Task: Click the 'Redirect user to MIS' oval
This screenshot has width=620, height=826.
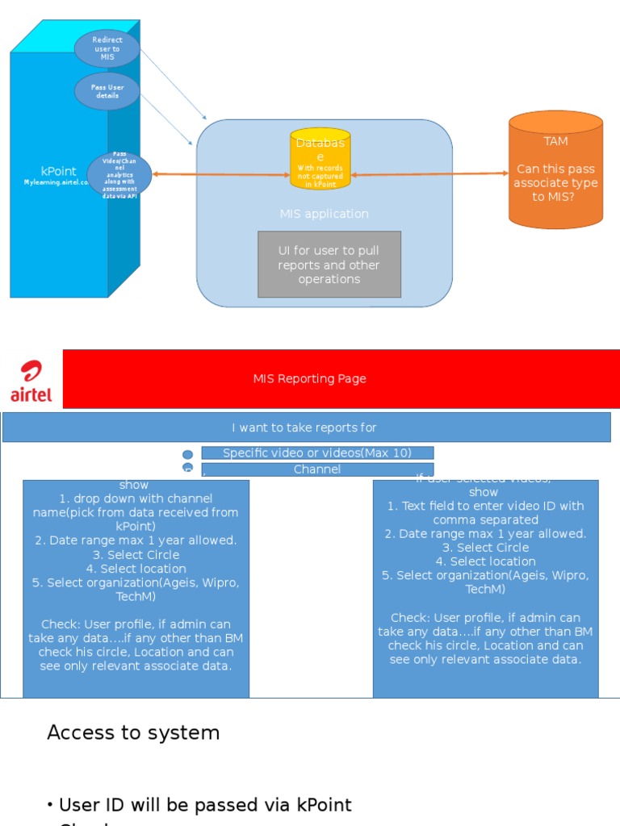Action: coord(107,48)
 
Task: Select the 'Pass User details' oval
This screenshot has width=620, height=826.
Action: coord(107,91)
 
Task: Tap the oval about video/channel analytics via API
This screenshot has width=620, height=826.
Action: coord(119,175)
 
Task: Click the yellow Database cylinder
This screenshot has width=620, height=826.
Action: coord(320,158)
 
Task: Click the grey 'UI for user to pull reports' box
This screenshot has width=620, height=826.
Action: coord(329,265)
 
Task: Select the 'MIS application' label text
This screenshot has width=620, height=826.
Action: coord(324,214)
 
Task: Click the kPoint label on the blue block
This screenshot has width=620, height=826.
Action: coord(58,171)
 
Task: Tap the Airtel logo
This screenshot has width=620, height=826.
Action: coord(31,381)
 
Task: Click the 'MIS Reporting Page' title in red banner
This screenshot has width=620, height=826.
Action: coord(309,379)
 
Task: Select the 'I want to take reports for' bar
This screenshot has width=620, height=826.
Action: coord(305,428)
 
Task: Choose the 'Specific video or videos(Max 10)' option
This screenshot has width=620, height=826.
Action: coord(317,453)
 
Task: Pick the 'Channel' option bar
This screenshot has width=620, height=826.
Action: coord(317,469)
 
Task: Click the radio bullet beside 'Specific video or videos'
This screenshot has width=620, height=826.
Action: coord(187,455)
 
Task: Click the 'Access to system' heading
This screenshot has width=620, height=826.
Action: coord(133,732)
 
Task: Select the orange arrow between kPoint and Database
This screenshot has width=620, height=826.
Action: coord(220,174)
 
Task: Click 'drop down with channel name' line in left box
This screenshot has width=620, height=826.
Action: coord(136,505)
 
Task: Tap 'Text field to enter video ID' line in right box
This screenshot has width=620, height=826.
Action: coord(485,513)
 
